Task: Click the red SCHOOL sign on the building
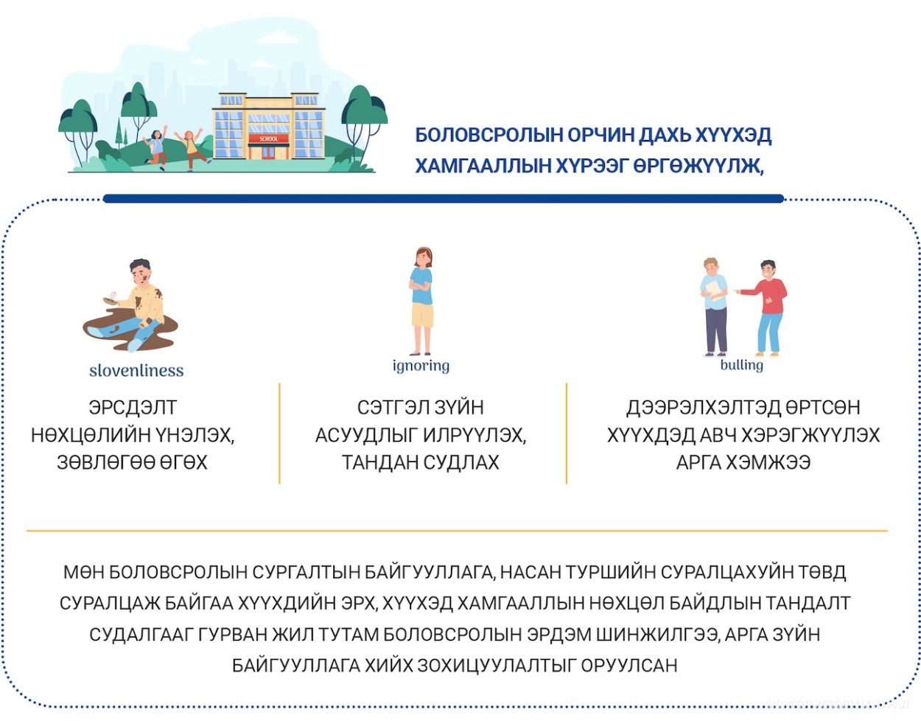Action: [268, 139]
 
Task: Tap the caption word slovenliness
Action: [136, 371]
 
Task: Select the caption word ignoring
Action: [421, 366]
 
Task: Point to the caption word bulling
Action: [742, 365]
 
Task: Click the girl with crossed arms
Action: [421, 301]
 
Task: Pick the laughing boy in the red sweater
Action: [767, 308]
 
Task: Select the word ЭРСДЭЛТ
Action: [133, 408]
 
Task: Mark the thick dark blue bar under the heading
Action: [444, 198]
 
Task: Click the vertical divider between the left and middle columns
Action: [279, 433]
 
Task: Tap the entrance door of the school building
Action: [268, 153]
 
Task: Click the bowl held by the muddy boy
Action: [111, 301]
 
